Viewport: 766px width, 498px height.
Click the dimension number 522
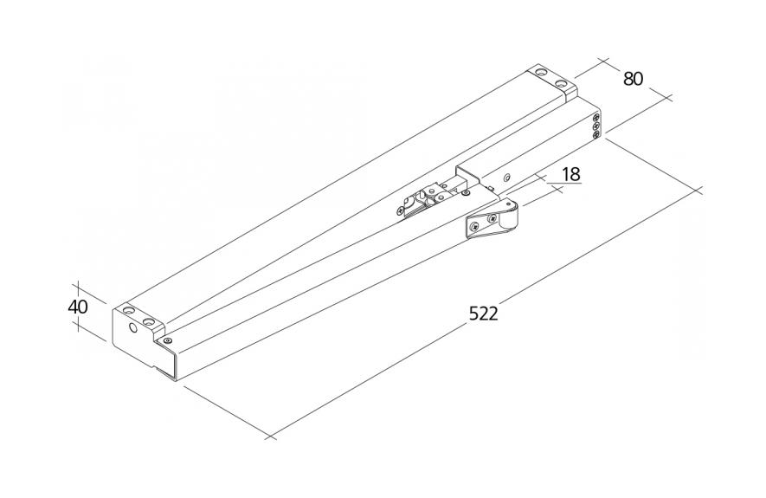point(483,314)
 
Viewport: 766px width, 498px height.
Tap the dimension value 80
point(633,79)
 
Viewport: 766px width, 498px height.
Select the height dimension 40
point(78,307)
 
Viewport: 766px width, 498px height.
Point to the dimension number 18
point(570,174)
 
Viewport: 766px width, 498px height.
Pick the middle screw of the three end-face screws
point(596,126)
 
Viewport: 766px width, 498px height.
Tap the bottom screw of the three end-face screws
point(596,135)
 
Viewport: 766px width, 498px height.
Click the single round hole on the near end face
point(133,328)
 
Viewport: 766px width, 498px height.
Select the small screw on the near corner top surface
point(168,340)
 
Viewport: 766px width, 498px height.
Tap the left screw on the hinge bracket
point(473,226)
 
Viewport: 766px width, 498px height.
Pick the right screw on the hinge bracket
point(492,218)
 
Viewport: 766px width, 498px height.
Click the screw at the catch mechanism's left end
point(401,210)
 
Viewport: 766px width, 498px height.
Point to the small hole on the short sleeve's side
point(508,177)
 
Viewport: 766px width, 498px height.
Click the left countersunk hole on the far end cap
point(541,73)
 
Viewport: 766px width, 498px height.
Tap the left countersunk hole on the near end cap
point(128,310)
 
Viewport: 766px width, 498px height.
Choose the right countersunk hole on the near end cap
point(149,322)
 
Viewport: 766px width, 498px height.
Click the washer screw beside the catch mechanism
point(466,193)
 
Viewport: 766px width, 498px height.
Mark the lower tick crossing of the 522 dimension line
point(270,436)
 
